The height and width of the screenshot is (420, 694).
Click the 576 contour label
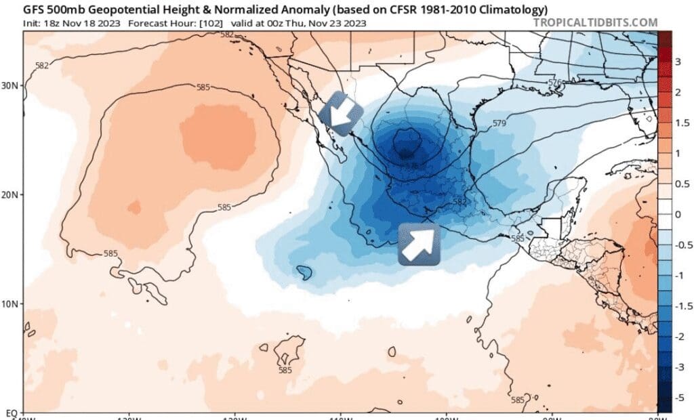556,82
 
